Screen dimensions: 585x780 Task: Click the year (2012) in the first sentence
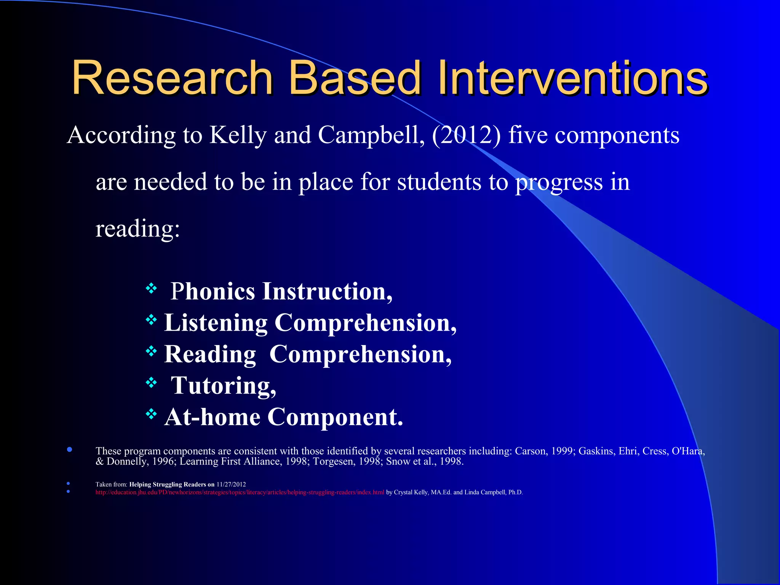point(466,135)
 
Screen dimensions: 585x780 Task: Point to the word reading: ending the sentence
point(137,229)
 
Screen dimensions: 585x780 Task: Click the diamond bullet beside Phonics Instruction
point(151,288)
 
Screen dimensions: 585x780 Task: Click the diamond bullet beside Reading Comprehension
point(151,351)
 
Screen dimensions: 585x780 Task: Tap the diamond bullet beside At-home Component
point(151,414)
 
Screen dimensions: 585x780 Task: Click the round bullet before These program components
point(69,449)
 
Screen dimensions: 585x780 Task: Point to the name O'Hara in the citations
point(688,451)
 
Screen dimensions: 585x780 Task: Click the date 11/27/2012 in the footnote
point(231,484)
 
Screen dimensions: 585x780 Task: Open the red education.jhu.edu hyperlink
point(240,492)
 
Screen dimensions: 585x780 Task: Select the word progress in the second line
point(559,182)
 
